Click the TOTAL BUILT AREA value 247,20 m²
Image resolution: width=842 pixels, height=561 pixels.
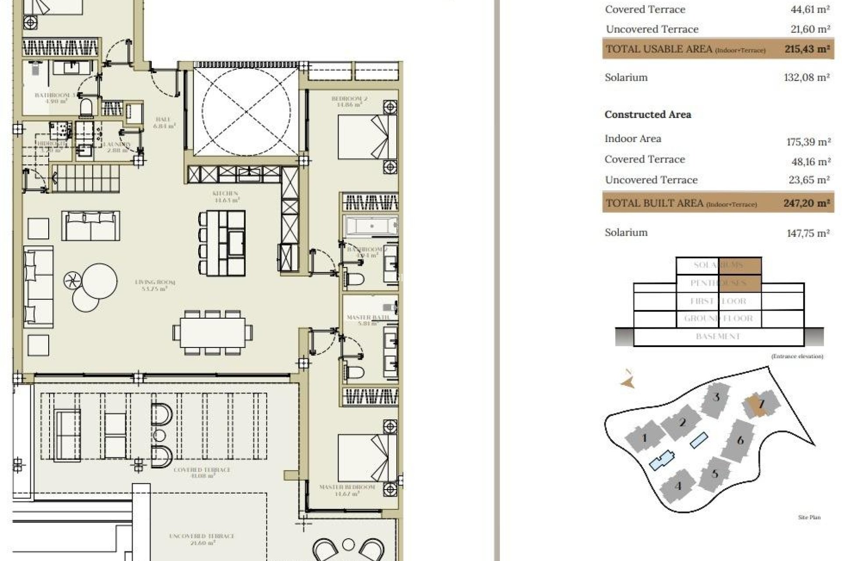click(x=806, y=203)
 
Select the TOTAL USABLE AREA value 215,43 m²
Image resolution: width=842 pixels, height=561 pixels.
click(x=807, y=49)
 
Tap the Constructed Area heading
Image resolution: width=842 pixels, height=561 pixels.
click(x=648, y=115)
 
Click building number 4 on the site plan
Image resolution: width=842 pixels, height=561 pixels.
click(x=678, y=486)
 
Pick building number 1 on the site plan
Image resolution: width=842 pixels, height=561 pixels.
click(x=644, y=437)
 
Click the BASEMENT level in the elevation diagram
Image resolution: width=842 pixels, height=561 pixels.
click(x=718, y=337)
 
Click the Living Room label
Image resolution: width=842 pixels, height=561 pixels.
click(x=155, y=285)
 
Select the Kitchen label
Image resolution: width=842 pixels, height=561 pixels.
click(x=225, y=196)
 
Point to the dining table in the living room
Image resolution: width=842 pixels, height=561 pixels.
click(x=213, y=333)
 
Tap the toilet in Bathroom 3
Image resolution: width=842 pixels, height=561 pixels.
click(x=86, y=107)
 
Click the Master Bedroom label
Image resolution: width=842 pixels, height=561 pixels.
click(x=347, y=490)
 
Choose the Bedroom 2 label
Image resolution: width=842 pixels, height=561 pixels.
click(x=349, y=101)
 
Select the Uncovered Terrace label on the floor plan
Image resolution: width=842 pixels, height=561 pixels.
click(x=202, y=539)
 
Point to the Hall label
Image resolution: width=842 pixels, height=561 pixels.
click(x=163, y=122)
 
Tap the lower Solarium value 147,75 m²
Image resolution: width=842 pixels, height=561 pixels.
click(x=808, y=233)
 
